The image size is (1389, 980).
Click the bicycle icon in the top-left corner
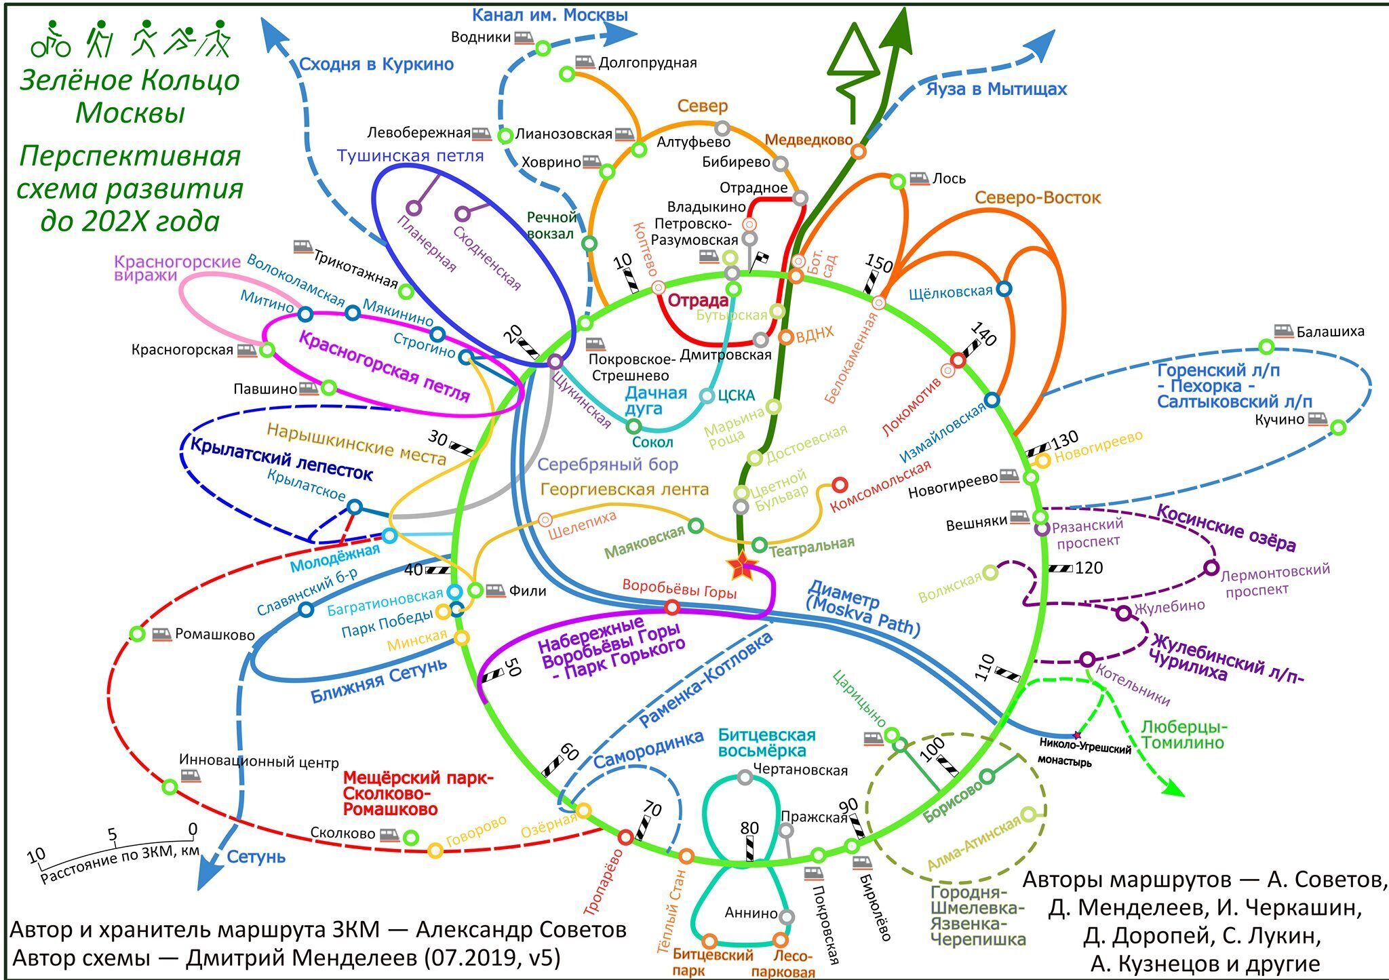pos(51,41)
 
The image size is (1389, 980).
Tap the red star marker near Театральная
pos(741,565)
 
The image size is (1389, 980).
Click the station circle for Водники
pos(543,48)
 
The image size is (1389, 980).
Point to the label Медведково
pos(808,140)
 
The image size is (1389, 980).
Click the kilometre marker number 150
pos(879,262)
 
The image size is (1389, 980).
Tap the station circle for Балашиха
pos(1266,347)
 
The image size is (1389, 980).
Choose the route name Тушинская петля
pos(410,156)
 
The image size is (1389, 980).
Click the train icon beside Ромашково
pos(161,635)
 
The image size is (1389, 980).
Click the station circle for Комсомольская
pos(840,485)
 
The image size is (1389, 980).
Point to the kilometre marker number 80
pos(749,828)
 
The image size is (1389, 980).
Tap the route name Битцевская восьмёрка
pos(766,743)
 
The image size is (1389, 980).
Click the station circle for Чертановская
pos(745,778)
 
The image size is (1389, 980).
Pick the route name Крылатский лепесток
pos(281,459)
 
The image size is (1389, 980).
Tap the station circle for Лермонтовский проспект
pos(1211,568)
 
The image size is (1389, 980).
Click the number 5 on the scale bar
pos(113,835)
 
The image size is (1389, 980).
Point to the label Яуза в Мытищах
pos(996,89)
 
